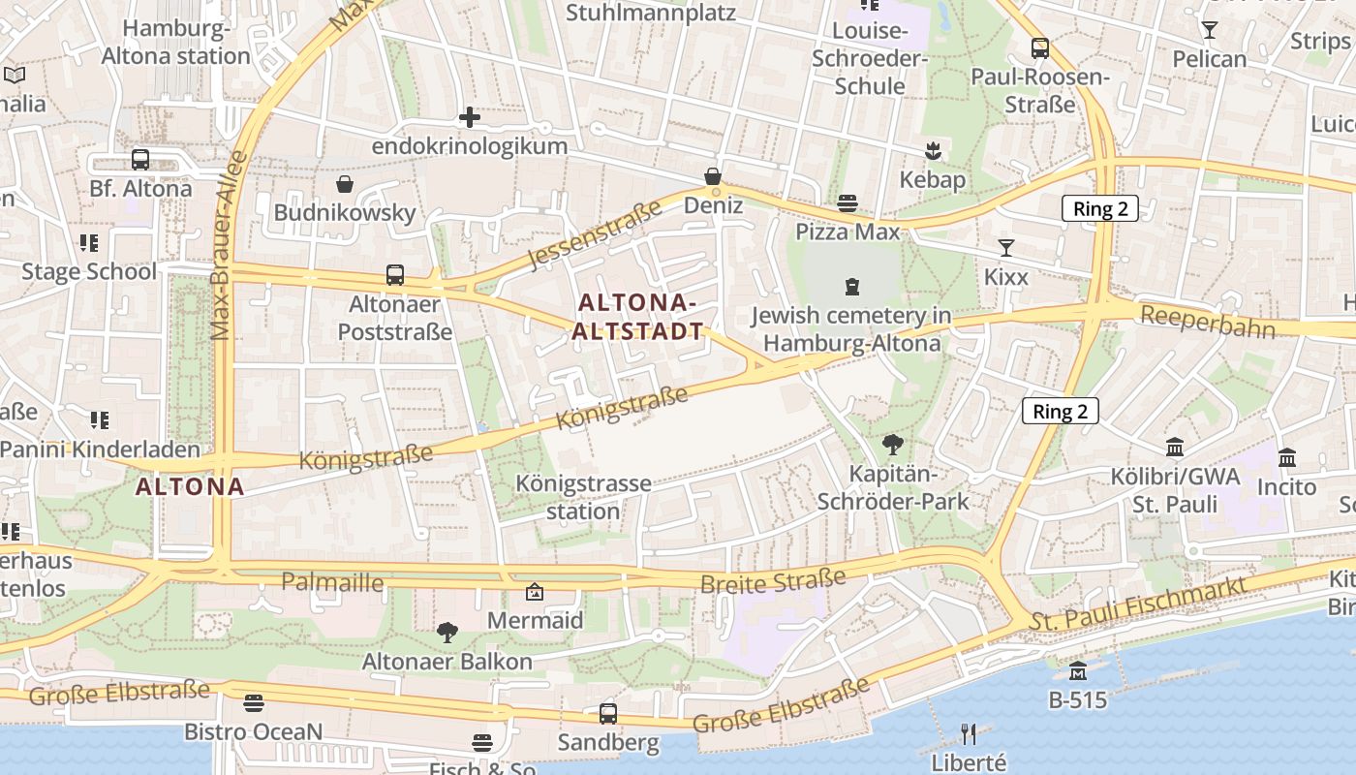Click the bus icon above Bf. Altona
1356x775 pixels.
140,160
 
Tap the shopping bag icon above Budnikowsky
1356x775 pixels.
345,183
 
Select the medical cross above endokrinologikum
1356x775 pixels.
470,118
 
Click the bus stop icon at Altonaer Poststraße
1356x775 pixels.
395,274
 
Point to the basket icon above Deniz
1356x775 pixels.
713,176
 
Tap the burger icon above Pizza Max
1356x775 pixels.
847,202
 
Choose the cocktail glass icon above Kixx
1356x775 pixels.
1006,248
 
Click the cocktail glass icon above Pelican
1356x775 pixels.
1209,30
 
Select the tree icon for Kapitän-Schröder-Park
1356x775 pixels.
893,445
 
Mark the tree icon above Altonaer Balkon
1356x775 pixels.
447,633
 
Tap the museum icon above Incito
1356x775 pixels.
1287,457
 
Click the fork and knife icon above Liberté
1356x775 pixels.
969,733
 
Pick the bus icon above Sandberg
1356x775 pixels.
608,714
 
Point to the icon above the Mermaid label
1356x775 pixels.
535,591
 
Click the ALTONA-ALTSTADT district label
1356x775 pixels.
637,317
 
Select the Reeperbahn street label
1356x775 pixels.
1208,322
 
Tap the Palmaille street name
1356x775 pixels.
332,582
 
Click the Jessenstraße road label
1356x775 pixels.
596,232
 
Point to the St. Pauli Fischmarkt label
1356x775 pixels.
1138,600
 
